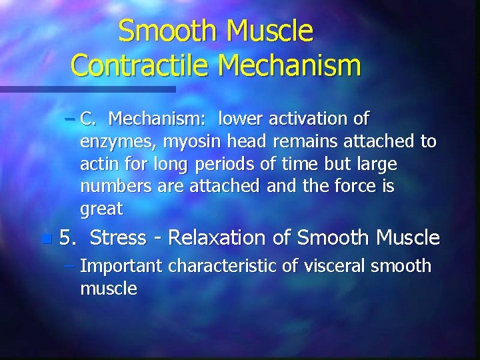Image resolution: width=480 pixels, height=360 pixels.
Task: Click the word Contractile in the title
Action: pos(141,65)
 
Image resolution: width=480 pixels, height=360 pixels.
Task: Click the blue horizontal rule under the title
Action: pos(87,89)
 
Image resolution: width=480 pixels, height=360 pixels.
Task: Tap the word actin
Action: pos(97,165)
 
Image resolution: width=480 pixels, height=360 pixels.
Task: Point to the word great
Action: pos(101,210)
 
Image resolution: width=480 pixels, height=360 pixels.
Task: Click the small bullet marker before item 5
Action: pos(45,239)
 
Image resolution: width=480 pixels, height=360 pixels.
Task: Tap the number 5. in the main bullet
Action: pos(68,237)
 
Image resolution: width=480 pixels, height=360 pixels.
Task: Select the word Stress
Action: pos(118,237)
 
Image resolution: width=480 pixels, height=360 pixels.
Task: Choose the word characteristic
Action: pos(224,266)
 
